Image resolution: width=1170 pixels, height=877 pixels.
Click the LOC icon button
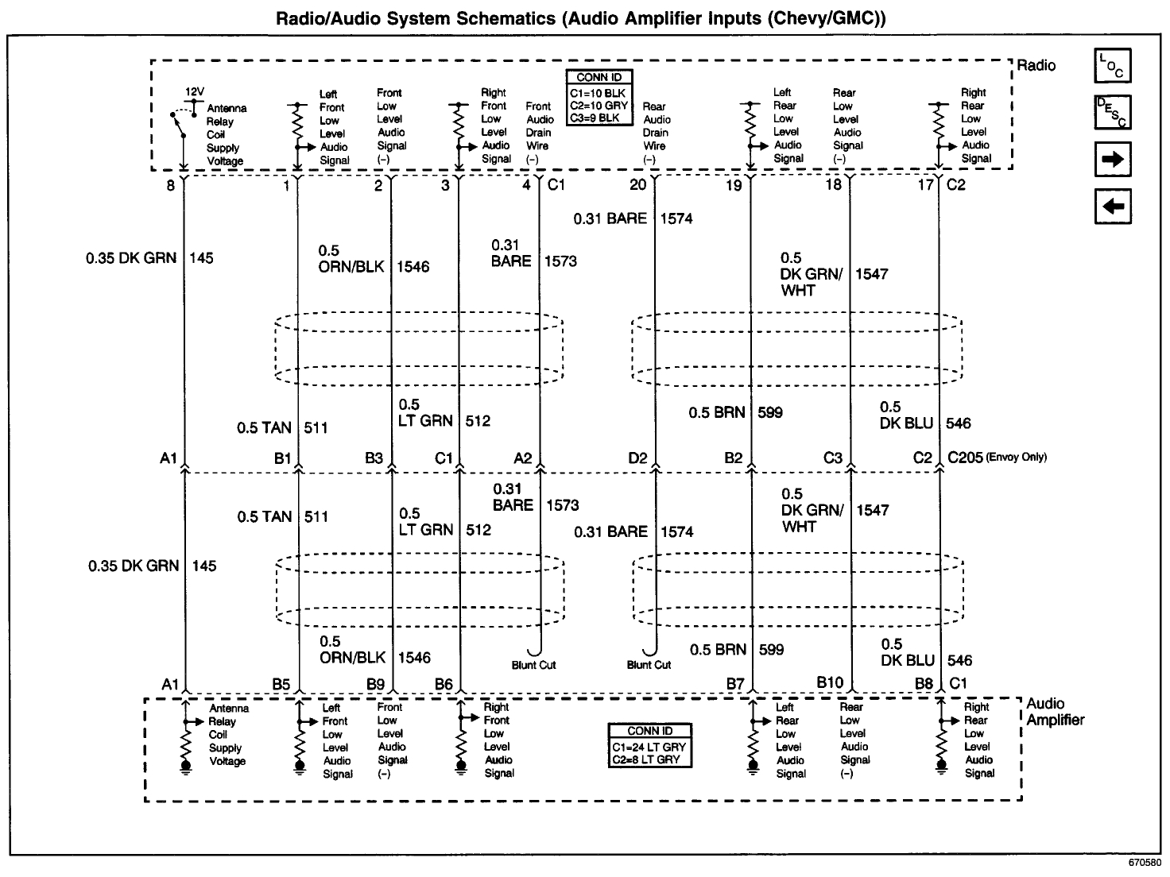1113,65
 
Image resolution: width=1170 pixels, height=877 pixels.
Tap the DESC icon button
1113,112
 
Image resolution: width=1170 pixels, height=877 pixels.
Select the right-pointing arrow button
1113,160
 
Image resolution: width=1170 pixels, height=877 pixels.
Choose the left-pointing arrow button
1113,207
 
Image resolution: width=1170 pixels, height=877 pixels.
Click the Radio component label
1036,65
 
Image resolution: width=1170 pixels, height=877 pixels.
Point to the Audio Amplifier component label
1055,712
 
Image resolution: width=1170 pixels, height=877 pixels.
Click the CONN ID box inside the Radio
599,99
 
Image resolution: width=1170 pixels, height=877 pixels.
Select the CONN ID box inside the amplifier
649,745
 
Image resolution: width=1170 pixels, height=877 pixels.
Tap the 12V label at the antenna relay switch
195,91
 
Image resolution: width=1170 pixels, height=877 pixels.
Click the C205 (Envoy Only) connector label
998,457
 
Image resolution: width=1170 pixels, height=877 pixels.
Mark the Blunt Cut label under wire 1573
533,665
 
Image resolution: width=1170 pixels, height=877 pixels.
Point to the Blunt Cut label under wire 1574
649,665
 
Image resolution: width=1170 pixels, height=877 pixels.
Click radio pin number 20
638,185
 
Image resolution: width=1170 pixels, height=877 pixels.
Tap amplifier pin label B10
830,682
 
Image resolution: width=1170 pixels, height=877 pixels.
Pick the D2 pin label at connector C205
637,458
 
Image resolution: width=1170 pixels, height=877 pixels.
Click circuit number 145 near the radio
201,258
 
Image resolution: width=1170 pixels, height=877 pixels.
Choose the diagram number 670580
1145,863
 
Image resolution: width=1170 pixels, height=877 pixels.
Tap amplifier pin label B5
281,683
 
